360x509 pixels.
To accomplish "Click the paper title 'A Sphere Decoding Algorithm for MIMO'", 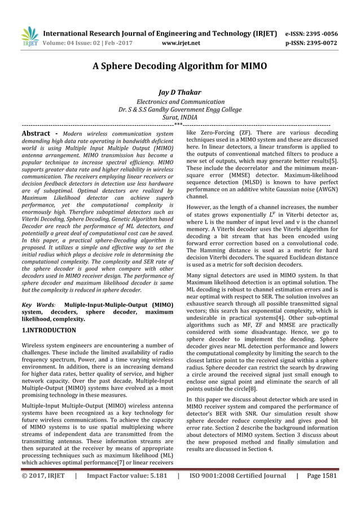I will click(179, 66).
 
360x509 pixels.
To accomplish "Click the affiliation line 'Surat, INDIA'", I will click(179, 117).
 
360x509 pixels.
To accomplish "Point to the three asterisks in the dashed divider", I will click(178, 124).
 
